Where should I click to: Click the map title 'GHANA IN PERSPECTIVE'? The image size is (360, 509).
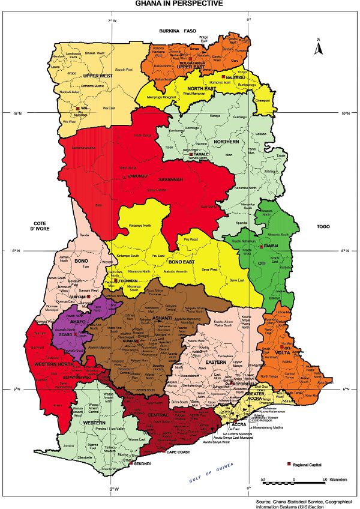pos(179,4)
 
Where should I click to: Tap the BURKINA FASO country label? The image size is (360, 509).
pos(178,30)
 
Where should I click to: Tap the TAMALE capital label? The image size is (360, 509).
pos(200,154)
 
